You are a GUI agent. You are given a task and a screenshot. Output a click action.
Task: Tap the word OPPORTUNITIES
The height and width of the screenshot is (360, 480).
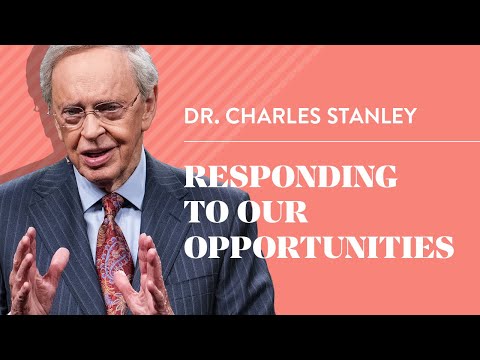[x=319, y=246]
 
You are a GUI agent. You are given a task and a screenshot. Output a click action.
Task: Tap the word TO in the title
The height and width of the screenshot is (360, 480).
[x=204, y=213]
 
